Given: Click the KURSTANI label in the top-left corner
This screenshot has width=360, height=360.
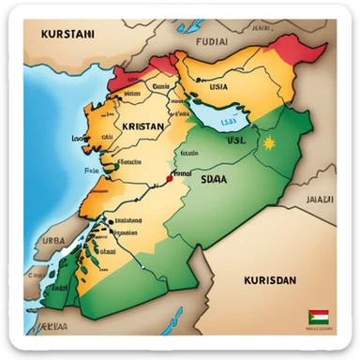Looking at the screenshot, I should [68, 33].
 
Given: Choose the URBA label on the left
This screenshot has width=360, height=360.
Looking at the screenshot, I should [53, 240].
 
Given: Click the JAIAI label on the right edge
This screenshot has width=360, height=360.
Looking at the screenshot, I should [322, 199].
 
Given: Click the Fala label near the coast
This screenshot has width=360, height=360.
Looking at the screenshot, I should [92, 171].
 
